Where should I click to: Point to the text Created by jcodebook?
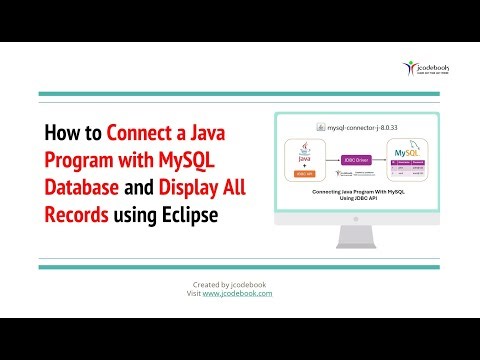[x=232, y=284]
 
